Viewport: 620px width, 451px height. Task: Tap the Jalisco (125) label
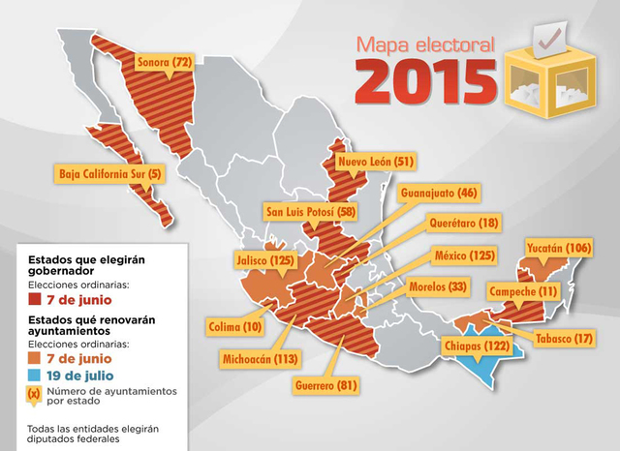click(x=265, y=259)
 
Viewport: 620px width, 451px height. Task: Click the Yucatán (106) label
click(x=555, y=248)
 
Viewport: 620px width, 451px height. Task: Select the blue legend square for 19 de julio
click(x=34, y=375)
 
